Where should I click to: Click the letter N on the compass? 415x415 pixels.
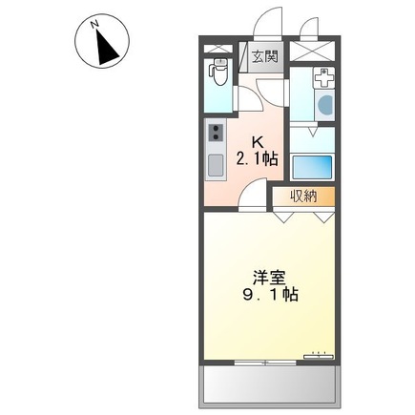click(93, 24)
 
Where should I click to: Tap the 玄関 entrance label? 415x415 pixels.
click(265, 56)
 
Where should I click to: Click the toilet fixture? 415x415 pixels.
click(218, 72)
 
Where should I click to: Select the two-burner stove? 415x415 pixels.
click(216, 133)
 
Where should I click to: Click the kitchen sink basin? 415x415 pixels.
click(216, 165)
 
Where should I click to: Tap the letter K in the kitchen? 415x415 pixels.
click(258, 142)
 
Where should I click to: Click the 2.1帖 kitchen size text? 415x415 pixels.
click(257, 158)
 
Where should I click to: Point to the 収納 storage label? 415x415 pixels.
click(303, 197)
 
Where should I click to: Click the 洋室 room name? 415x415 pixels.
click(269, 278)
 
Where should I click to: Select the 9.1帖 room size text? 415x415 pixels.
click(270, 295)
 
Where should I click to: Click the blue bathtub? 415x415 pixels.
click(312, 167)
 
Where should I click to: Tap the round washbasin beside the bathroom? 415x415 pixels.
click(325, 105)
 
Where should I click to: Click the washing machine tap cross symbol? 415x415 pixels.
click(323, 78)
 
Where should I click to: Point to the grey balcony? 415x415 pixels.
click(270, 386)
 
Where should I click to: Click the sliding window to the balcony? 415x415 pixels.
click(265, 363)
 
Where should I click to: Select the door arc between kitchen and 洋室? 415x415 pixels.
click(252, 194)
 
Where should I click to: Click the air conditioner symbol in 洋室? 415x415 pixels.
click(319, 356)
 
